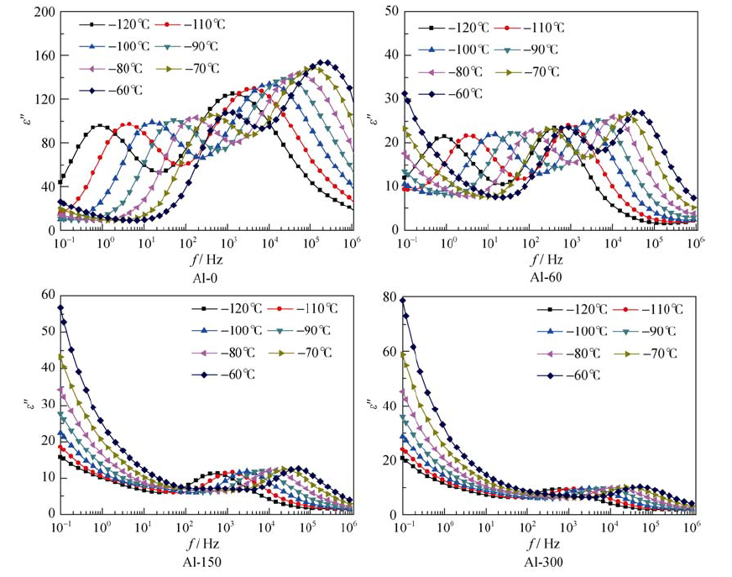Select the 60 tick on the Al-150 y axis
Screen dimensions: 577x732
[47, 296]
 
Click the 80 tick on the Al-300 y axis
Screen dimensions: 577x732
[391, 296]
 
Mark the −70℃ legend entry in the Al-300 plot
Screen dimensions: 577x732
[648, 353]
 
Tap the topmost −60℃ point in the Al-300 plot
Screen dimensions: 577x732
[404, 300]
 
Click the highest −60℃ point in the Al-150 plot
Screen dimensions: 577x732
[60, 308]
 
